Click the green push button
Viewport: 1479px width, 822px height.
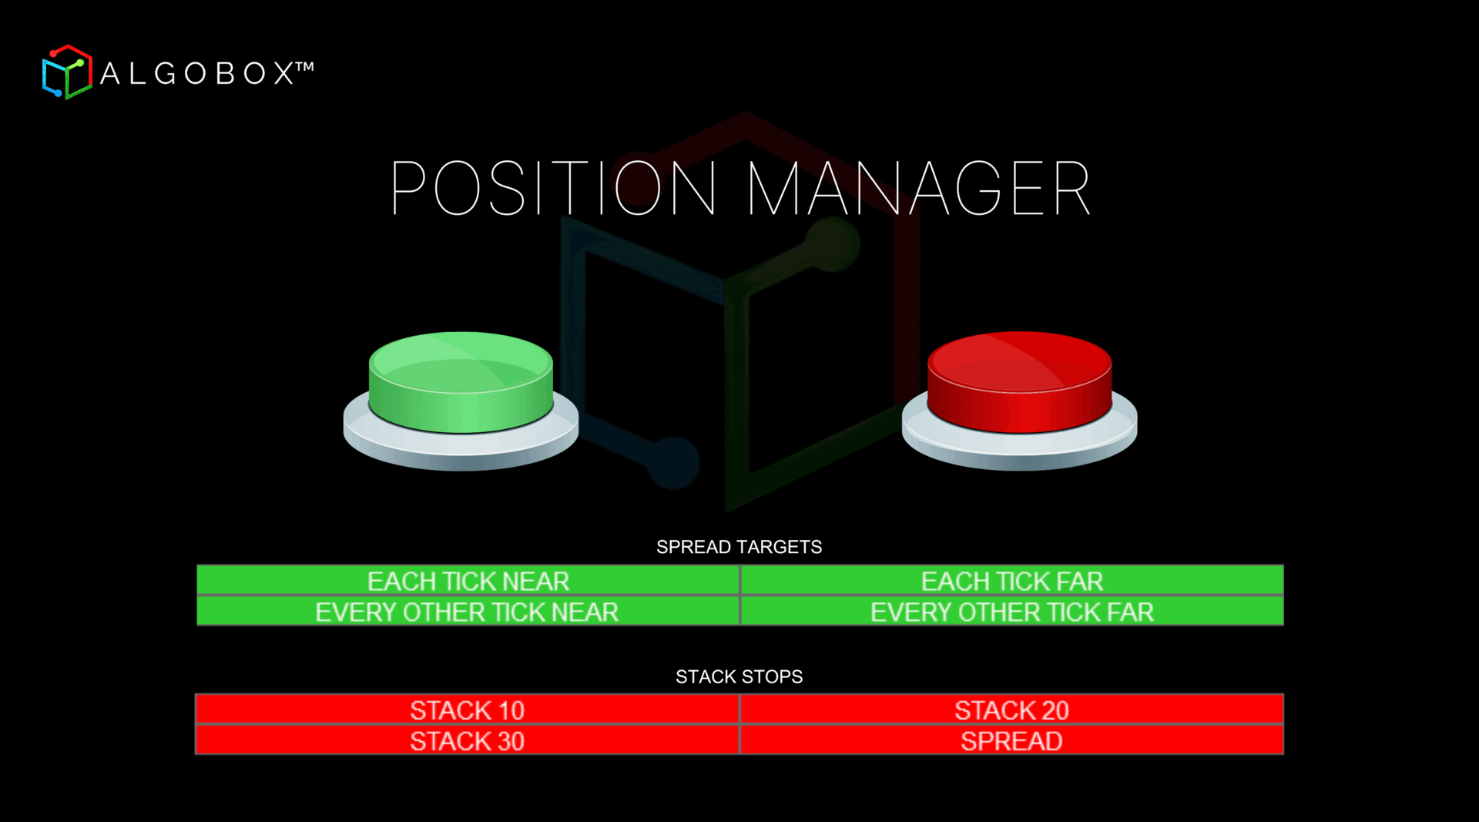click(x=461, y=377)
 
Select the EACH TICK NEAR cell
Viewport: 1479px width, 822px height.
click(x=468, y=581)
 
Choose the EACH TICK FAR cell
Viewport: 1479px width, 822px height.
click(x=1011, y=581)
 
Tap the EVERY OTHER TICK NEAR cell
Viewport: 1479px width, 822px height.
click(x=467, y=612)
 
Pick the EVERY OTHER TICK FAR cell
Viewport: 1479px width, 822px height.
click(x=1011, y=612)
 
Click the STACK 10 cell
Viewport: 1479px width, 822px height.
click(x=467, y=710)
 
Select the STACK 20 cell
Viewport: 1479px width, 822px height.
click(x=1011, y=710)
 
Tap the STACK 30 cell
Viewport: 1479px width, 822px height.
click(x=467, y=740)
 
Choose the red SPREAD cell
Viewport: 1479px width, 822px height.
click(x=1011, y=740)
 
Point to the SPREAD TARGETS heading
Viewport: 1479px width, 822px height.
click(x=739, y=547)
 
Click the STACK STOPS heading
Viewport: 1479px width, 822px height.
click(x=739, y=676)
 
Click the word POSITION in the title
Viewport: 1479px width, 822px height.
click(x=553, y=188)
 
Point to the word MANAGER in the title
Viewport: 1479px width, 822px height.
click(x=918, y=188)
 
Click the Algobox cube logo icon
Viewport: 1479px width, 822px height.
click(x=67, y=72)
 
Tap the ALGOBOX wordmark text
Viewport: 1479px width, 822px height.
click(x=197, y=74)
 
